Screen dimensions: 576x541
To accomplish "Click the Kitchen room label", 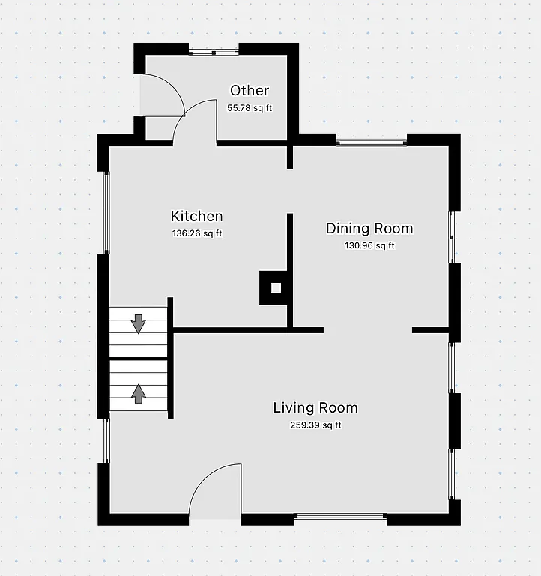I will click(197, 217).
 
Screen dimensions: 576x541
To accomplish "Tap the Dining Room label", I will click(369, 229).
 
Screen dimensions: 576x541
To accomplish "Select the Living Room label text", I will click(315, 408).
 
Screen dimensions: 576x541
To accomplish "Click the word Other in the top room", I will click(250, 91).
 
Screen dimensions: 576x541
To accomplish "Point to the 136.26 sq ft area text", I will click(197, 233).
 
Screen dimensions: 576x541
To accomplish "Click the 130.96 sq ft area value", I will click(369, 245).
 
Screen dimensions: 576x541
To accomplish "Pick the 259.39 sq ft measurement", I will click(315, 425).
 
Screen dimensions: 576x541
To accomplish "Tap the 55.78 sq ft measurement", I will click(250, 108).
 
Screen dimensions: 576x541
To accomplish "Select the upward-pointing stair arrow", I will click(139, 393).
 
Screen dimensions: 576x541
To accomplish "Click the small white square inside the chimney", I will click(276, 287).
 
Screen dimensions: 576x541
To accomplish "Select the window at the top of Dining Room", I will click(372, 141).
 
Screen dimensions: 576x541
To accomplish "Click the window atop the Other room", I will click(214, 52).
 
